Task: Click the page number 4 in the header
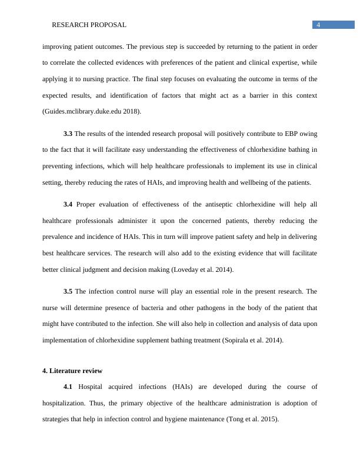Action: (318, 25)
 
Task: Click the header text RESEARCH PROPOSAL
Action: (89, 25)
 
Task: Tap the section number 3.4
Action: (68, 204)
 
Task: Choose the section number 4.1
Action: (68, 387)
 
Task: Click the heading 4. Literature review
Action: (72, 371)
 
